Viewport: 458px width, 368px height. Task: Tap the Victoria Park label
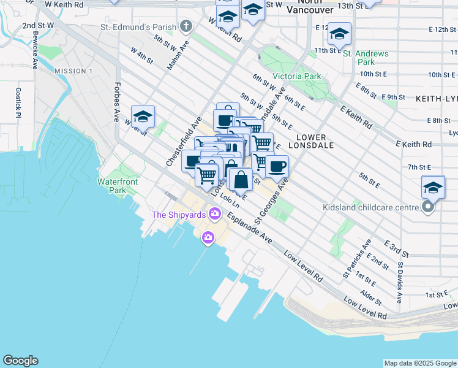(x=296, y=76)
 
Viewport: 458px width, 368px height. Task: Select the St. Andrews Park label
(x=366, y=58)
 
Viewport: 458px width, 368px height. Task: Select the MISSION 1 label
(x=73, y=71)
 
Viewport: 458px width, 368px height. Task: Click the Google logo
(x=20, y=361)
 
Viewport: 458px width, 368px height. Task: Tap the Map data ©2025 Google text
(x=419, y=363)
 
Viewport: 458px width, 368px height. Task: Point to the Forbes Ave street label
(x=115, y=102)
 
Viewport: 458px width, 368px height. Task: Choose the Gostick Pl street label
(x=18, y=102)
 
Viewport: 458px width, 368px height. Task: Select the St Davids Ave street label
(x=400, y=283)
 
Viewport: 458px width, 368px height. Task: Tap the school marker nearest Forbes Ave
(x=143, y=116)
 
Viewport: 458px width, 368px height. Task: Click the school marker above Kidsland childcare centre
(x=433, y=187)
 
